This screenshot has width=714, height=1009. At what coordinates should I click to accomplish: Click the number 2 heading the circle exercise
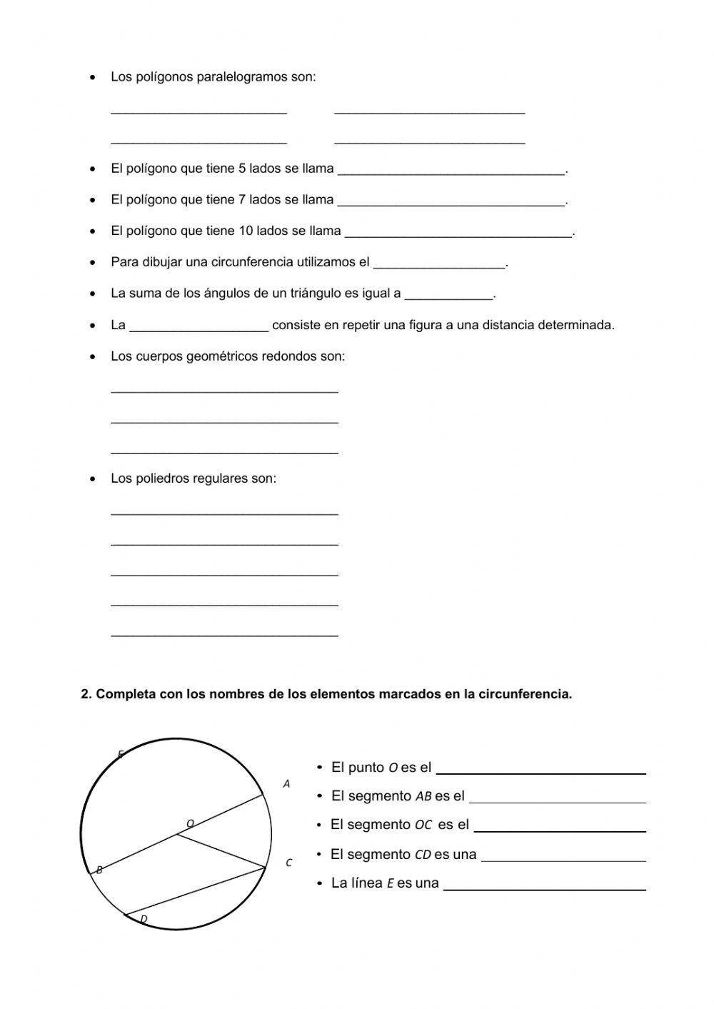tap(85, 694)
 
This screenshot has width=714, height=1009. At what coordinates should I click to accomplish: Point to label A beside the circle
tap(287, 784)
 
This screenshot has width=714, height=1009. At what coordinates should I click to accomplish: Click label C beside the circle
tap(288, 863)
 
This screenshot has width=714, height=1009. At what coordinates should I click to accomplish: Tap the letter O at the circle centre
tap(190, 823)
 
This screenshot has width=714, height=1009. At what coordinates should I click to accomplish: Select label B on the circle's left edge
tap(99, 870)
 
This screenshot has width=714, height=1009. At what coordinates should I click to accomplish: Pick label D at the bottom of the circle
tap(144, 919)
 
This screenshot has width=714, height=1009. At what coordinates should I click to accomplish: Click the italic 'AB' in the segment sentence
tap(423, 796)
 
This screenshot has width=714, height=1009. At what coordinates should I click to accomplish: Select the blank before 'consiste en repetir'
tap(199, 328)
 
